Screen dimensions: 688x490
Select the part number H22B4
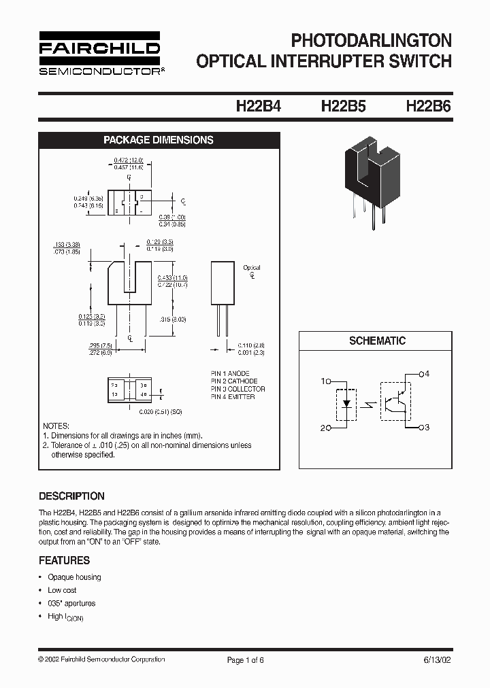[258, 107]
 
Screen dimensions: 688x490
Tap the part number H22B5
[344, 107]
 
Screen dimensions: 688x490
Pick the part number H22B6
[428, 107]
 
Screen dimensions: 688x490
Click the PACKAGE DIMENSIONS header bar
[158, 140]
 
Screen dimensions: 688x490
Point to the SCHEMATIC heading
[377, 341]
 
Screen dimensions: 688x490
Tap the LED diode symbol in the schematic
[347, 404]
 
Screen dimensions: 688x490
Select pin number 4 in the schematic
[427, 373]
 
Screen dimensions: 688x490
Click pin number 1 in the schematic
[324, 381]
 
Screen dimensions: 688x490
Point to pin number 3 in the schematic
[427, 427]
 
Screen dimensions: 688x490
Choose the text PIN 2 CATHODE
[233, 381]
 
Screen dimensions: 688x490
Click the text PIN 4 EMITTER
[233, 397]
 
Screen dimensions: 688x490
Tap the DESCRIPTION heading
[71, 496]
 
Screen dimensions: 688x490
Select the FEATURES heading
[64, 560]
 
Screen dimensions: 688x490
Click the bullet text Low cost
[62, 590]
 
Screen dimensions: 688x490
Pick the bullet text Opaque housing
[74, 577]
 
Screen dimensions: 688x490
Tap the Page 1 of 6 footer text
[245, 659]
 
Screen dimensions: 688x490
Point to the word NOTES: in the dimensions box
[56, 425]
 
